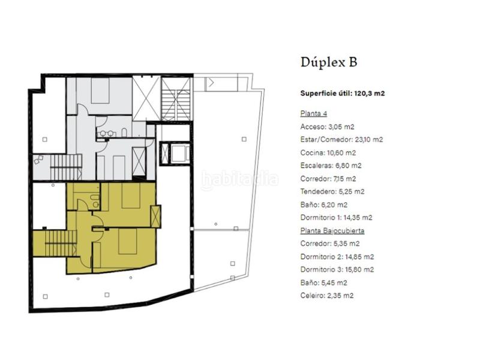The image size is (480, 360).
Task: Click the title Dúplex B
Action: click(328, 62)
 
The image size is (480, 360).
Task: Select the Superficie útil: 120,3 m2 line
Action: click(342, 93)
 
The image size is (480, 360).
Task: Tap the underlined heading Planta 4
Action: click(313, 113)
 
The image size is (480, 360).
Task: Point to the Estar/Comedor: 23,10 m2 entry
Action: click(341, 139)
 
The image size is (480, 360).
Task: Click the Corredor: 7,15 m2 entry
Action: click(328, 179)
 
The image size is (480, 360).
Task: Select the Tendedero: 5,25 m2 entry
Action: click(332, 191)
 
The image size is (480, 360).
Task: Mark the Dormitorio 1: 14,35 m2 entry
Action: click(337, 218)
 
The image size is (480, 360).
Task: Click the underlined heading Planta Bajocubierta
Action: click(332, 230)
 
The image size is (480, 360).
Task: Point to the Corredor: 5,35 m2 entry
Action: click(330, 244)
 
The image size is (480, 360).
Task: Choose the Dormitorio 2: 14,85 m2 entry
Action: click(337, 256)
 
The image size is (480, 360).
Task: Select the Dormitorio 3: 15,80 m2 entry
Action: click(337, 269)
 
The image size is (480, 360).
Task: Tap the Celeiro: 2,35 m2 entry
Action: click(327, 295)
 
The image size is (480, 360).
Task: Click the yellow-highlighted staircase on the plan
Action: click(55, 243)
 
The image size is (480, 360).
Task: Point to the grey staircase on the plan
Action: click(65, 167)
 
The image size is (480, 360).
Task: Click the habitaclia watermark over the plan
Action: click(240, 179)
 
